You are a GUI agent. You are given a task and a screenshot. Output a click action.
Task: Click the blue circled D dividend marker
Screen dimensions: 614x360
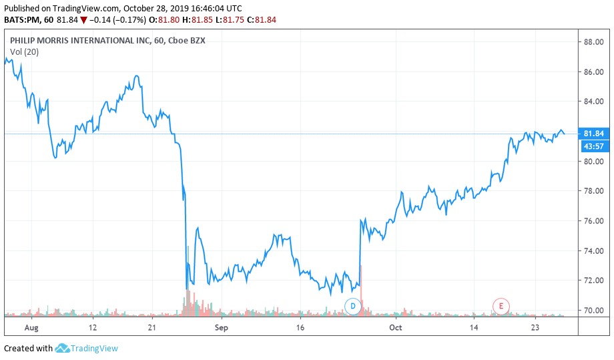pos(352,306)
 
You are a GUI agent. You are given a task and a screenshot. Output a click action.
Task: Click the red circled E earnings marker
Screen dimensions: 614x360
pos(501,306)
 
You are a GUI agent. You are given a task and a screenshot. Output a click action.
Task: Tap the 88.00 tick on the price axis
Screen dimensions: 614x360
pos(593,42)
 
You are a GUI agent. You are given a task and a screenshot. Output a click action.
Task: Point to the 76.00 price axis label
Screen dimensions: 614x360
pos(593,221)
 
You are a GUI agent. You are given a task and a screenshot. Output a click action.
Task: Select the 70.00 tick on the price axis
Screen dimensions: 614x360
pos(593,311)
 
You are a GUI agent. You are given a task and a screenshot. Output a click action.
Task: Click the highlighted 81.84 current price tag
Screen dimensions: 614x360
pos(593,134)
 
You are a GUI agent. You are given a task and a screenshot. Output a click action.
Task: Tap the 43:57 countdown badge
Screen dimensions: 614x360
pos(593,146)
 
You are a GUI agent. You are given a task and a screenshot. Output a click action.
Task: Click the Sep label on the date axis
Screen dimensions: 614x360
pos(222,327)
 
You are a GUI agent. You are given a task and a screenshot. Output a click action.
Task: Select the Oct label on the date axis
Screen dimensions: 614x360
pos(396,327)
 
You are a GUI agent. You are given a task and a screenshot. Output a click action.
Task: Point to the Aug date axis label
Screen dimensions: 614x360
pos(31,327)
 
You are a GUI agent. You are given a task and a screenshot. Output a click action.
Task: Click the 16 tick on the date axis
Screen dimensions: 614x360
pos(300,327)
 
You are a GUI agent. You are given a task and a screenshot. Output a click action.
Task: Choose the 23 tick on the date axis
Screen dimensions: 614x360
pos(535,327)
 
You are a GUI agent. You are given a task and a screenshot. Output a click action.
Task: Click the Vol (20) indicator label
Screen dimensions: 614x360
pos(24,51)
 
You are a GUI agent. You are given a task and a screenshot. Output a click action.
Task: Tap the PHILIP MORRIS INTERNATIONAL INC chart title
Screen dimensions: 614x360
pos(80,40)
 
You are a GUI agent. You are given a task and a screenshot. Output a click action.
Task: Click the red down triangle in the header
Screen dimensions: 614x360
pos(83,20)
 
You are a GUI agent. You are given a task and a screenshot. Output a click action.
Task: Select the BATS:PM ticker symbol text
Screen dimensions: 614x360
pos(22,19)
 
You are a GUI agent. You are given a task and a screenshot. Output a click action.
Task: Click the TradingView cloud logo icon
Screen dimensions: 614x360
pos(62,348)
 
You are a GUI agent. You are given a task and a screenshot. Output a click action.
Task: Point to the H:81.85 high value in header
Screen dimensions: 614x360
pos(202,19)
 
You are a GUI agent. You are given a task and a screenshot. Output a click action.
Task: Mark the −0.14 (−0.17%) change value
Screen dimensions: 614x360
pos(117,19)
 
